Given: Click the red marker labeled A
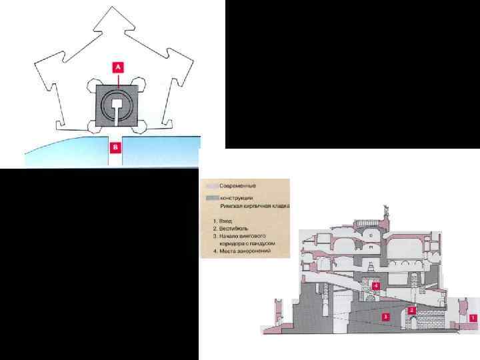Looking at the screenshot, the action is pos(117,67).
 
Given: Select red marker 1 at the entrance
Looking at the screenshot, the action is pos(473,318).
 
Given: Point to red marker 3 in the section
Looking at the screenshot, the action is pos(385,318).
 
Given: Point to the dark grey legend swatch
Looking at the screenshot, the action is pos(212,197).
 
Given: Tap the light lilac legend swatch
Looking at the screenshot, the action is pos(212,185).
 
